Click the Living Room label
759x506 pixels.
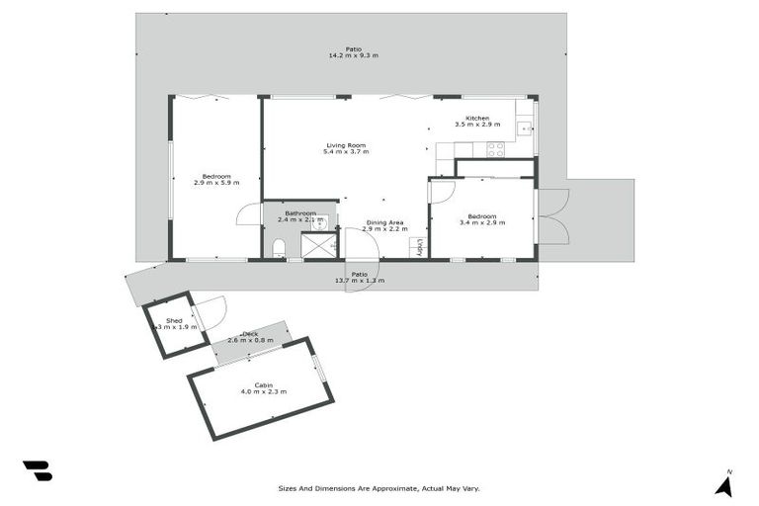[x=346, y=145]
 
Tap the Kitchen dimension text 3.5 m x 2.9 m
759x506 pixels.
[x=477, y=126]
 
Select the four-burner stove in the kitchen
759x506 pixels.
[x=494, y=149]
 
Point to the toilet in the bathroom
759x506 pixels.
[x=279, y=247]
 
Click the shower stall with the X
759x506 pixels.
[x=318, y=245]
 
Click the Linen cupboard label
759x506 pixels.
[x=420, y=247]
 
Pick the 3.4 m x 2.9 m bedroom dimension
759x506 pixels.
[x=482, y=223]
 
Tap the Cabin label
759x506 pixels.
[x=263, y=384]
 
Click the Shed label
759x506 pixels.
[x=174, y=320]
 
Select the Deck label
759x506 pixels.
[x=249, y=334]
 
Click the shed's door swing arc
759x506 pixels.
[x=212, y=312]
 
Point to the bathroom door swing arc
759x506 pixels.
[x=247, y=213]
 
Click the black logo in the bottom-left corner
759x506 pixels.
[x=37, y=471]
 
